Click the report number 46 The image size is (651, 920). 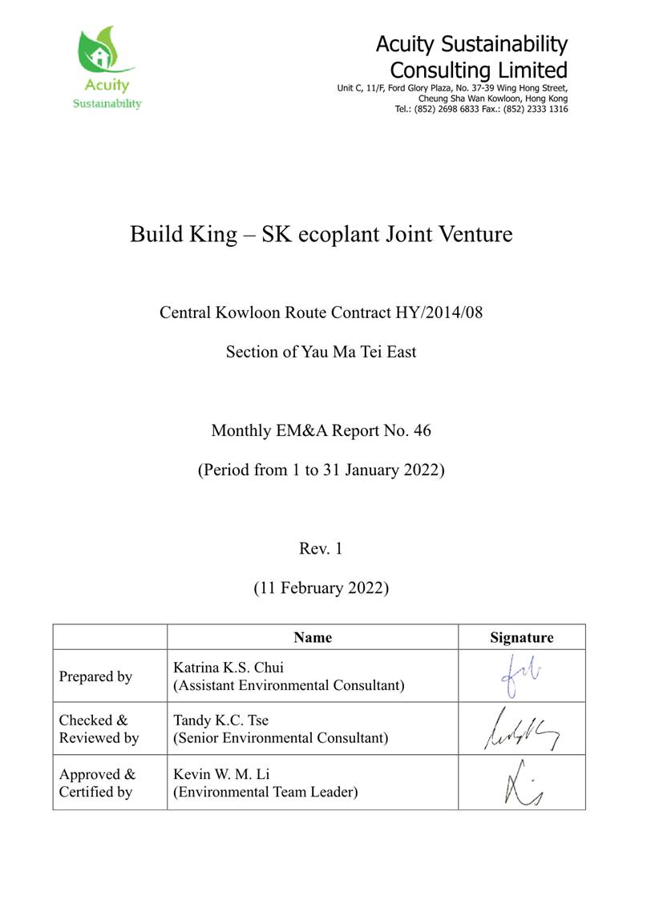422,430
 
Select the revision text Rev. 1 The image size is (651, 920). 321,549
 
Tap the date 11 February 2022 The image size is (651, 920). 321,588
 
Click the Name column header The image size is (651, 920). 313,638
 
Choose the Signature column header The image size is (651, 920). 521,638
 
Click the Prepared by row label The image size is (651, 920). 95,676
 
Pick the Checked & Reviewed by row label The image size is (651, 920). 99,728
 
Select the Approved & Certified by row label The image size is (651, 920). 98,783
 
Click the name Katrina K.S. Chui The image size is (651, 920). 228,668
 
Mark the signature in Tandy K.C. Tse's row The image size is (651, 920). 520,728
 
